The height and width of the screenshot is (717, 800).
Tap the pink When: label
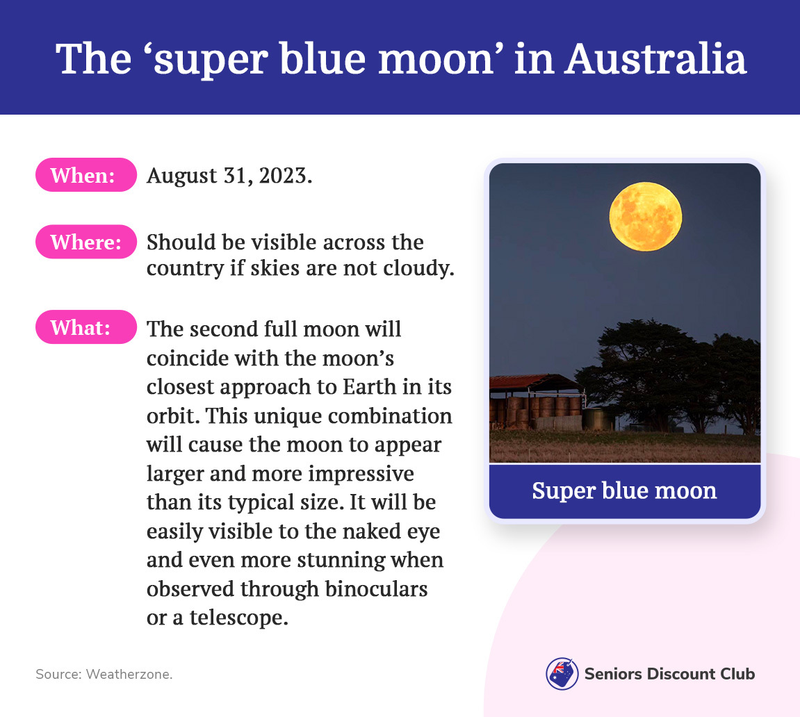tap(85, 175)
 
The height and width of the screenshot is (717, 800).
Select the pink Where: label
tap(85, 242)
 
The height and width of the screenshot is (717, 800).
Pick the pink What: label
tap(85, 327)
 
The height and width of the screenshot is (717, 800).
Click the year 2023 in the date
tap(285, 175)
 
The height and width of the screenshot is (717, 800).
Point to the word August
tap(181, 176)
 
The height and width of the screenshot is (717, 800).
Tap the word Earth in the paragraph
tap(369, 386)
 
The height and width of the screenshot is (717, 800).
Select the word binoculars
tap(376, 588)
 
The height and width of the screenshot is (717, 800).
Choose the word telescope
tap(239, 618)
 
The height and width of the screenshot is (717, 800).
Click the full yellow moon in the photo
tap(646, 216)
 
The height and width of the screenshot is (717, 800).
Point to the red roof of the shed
tap(530, 381)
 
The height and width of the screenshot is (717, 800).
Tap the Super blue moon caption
tap(624, 491)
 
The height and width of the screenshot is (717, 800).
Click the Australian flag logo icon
tap(562, 674)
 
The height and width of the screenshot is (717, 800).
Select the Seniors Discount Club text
tap(669, 674)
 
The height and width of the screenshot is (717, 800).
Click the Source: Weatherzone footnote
tap(104, 674)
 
